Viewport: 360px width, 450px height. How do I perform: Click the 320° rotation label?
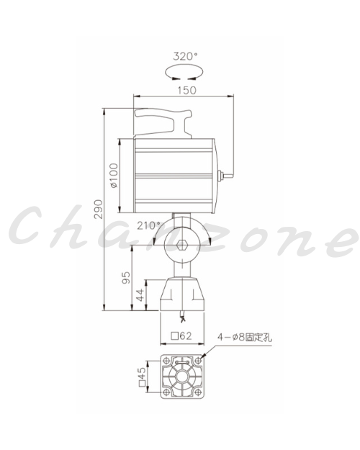(x=186, y=56)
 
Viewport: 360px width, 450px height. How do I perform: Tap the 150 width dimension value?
(x=186, y=91)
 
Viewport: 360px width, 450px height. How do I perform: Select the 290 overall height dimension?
(x=99, y=210)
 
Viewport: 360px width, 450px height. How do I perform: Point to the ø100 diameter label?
(x=114, y=176)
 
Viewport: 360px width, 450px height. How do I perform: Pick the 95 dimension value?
(x=126, y=277)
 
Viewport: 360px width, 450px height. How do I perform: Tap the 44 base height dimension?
(x=140, y=295)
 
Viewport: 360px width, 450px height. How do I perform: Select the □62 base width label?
(x=181, y=336)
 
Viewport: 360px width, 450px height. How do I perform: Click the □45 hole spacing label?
(x=142, y=377)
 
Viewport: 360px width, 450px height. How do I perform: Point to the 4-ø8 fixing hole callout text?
(x=245, y=337)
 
